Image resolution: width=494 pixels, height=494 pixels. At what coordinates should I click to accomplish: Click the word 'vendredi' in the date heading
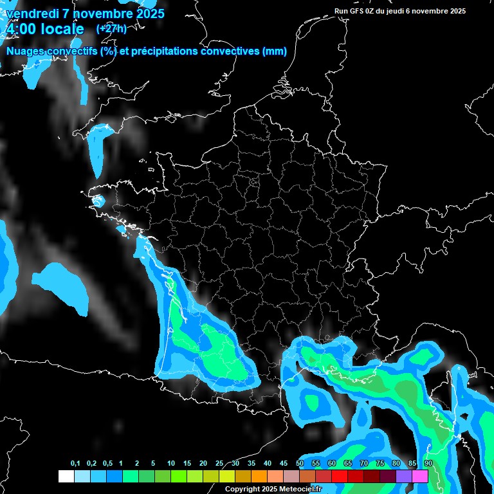click(x=32, y=13)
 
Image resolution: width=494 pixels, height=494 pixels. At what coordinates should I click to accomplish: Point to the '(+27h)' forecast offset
click(x=111, y=28)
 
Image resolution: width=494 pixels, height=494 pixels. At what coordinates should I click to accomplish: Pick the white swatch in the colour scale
click(x=66, y=476)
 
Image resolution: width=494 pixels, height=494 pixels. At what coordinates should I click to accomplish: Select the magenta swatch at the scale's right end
click(x=419, y=476)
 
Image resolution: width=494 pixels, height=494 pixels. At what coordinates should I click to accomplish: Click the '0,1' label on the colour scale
click(x=75, y=464)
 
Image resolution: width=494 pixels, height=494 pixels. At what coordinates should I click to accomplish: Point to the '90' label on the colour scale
click(x=428, y=464)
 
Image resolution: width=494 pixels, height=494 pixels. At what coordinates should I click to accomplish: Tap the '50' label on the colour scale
click(x=300, y=464)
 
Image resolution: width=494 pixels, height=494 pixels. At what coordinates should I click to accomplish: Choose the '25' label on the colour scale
click(x=219, y=464)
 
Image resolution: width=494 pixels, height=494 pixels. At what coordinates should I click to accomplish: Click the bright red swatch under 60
click(x=339, y=476)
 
